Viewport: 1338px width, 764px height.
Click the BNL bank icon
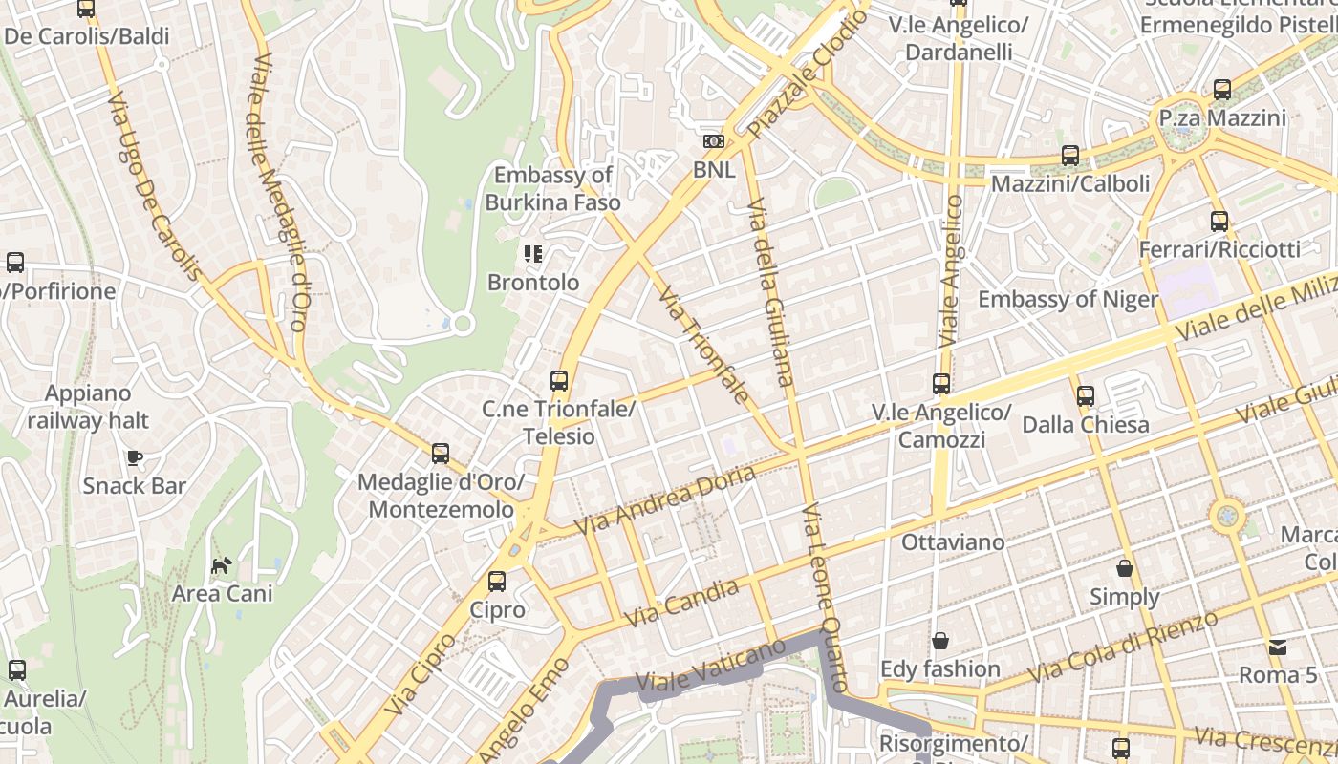tap(713, 141)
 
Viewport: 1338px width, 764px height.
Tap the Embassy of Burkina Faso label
tap(552, 188)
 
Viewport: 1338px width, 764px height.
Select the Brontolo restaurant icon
tap(532, 254)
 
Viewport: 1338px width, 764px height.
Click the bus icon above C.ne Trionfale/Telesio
tap(559, 381)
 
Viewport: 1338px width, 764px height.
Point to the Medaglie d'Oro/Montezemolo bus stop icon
tap(441, 454)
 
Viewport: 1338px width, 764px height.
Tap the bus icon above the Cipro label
tap(497, 582)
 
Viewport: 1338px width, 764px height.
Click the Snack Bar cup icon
tap(135, 457)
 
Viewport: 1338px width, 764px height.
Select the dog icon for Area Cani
tap(222, 566)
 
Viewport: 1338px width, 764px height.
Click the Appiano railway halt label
tap(88, 407)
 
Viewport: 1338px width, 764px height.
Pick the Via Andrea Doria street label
tap(665, 500)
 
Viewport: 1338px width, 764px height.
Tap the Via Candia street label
tap(680, 604)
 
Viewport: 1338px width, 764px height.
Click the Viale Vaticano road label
tap(710, 668)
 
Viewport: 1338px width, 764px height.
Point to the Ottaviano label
tap(953, 542)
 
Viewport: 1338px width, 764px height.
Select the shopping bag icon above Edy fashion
tap(940, 641)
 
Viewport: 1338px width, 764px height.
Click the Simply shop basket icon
tap(1125, 568)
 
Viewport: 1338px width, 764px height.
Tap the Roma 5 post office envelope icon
tap(1278, 647)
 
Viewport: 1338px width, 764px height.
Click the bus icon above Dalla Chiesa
tap(1086, 395)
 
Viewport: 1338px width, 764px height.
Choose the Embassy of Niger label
tap(1068, 299)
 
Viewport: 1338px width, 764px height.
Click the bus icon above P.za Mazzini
tap(1221, 90)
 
